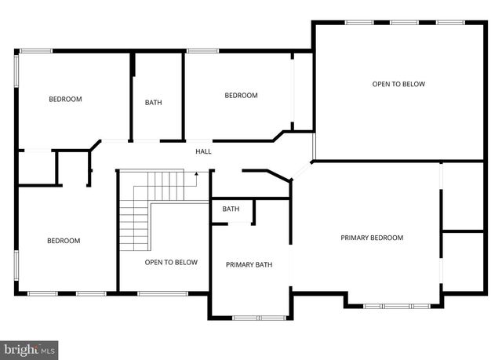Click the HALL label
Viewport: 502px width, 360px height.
pos(203,151)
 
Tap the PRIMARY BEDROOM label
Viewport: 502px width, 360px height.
pos(372,238)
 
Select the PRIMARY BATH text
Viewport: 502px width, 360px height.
pos(249,264)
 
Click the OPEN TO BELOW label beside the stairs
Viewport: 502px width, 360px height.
pos(171,262)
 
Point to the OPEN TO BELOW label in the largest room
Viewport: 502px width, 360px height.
pos(398,84)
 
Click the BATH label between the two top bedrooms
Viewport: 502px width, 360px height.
pos(154,102)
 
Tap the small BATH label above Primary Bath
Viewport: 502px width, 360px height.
pos(231,209)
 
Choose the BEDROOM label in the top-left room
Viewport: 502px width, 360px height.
pos(65,99)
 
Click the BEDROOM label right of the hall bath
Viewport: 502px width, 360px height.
pos(241,96)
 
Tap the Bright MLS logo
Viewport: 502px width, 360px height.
pos(30,347)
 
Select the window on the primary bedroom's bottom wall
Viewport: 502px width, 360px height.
pos(396,305)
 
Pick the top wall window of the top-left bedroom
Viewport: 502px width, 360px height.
pos(35,51)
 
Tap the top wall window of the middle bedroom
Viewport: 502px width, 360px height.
pos(202,51)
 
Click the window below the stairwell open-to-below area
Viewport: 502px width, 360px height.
pos(162,293)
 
